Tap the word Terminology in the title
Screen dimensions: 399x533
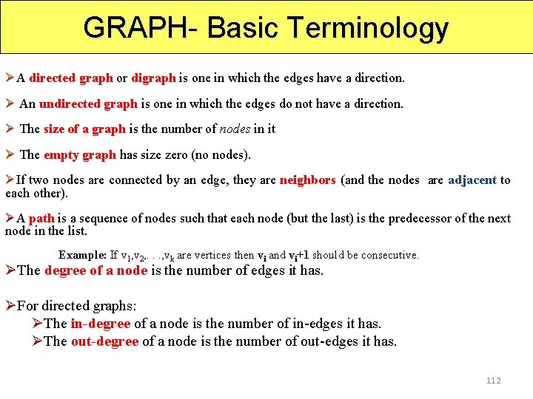click(x=369, y=28)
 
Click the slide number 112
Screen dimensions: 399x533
click(x=494, y=381)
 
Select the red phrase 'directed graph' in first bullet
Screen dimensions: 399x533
click(x=71, y=78)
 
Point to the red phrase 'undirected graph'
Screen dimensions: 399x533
click(x=88, y=103)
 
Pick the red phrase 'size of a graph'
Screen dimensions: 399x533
click(x=84, y=129)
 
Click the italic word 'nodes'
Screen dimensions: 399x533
click(x=235, y=129)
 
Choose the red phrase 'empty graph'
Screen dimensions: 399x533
click(x=80, y=155)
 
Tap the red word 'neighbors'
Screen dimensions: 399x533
click(x=307, y=180)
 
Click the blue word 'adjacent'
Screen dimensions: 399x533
click(x=472, y=180)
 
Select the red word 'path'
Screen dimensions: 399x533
click(x=41, y=218)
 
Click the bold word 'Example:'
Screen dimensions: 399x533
click(x=82, y=255)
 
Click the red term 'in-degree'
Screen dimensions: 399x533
click(x=100, y=323)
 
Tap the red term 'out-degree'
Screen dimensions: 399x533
click(x=104, y=341)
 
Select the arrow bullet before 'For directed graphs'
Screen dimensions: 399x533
click(x=10, y=305)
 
